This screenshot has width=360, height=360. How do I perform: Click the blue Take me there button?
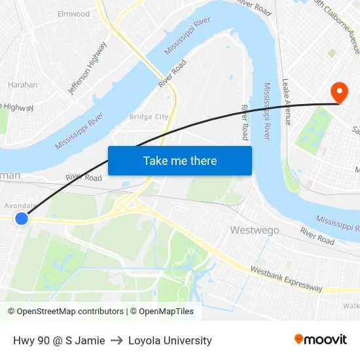point(179,160)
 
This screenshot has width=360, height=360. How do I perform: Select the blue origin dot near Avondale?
point(22,219)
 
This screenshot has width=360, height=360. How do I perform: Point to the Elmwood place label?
point(73,14)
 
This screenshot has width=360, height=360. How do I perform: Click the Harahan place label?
point(22,84)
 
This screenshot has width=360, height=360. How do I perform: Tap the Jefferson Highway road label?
point(88,67)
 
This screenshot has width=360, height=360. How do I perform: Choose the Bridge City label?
point(149,117)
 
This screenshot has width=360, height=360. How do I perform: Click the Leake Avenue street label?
point(285,101)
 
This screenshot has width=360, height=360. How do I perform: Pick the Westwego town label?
point(255,230)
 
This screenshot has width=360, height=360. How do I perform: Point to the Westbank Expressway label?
point(286,279)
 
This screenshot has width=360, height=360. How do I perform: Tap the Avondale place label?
point(19,206)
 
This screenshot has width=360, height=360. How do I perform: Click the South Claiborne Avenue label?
point(337,26)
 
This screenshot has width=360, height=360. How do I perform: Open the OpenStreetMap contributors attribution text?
point(65,312)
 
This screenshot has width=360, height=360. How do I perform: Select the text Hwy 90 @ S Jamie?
point(59,340)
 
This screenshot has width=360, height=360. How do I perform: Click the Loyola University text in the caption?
point(170,340)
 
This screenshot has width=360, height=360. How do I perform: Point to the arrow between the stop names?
point(117,340)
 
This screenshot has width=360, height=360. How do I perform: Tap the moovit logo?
point(321,339)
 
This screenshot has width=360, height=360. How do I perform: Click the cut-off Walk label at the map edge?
point(351,306)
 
